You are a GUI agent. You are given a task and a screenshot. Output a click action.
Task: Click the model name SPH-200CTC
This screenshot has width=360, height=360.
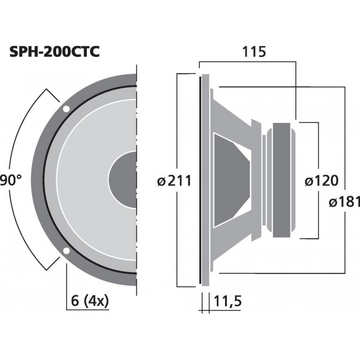54,53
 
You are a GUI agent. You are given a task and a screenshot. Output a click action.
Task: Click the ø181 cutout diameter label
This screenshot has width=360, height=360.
344,202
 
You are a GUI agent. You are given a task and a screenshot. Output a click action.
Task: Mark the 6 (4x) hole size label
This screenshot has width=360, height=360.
90,301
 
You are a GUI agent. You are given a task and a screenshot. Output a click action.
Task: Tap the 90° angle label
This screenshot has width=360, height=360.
10,181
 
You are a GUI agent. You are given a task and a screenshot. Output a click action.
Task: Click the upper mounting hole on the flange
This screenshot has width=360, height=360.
66,109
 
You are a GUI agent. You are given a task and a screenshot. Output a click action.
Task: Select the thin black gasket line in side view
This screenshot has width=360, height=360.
199,180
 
